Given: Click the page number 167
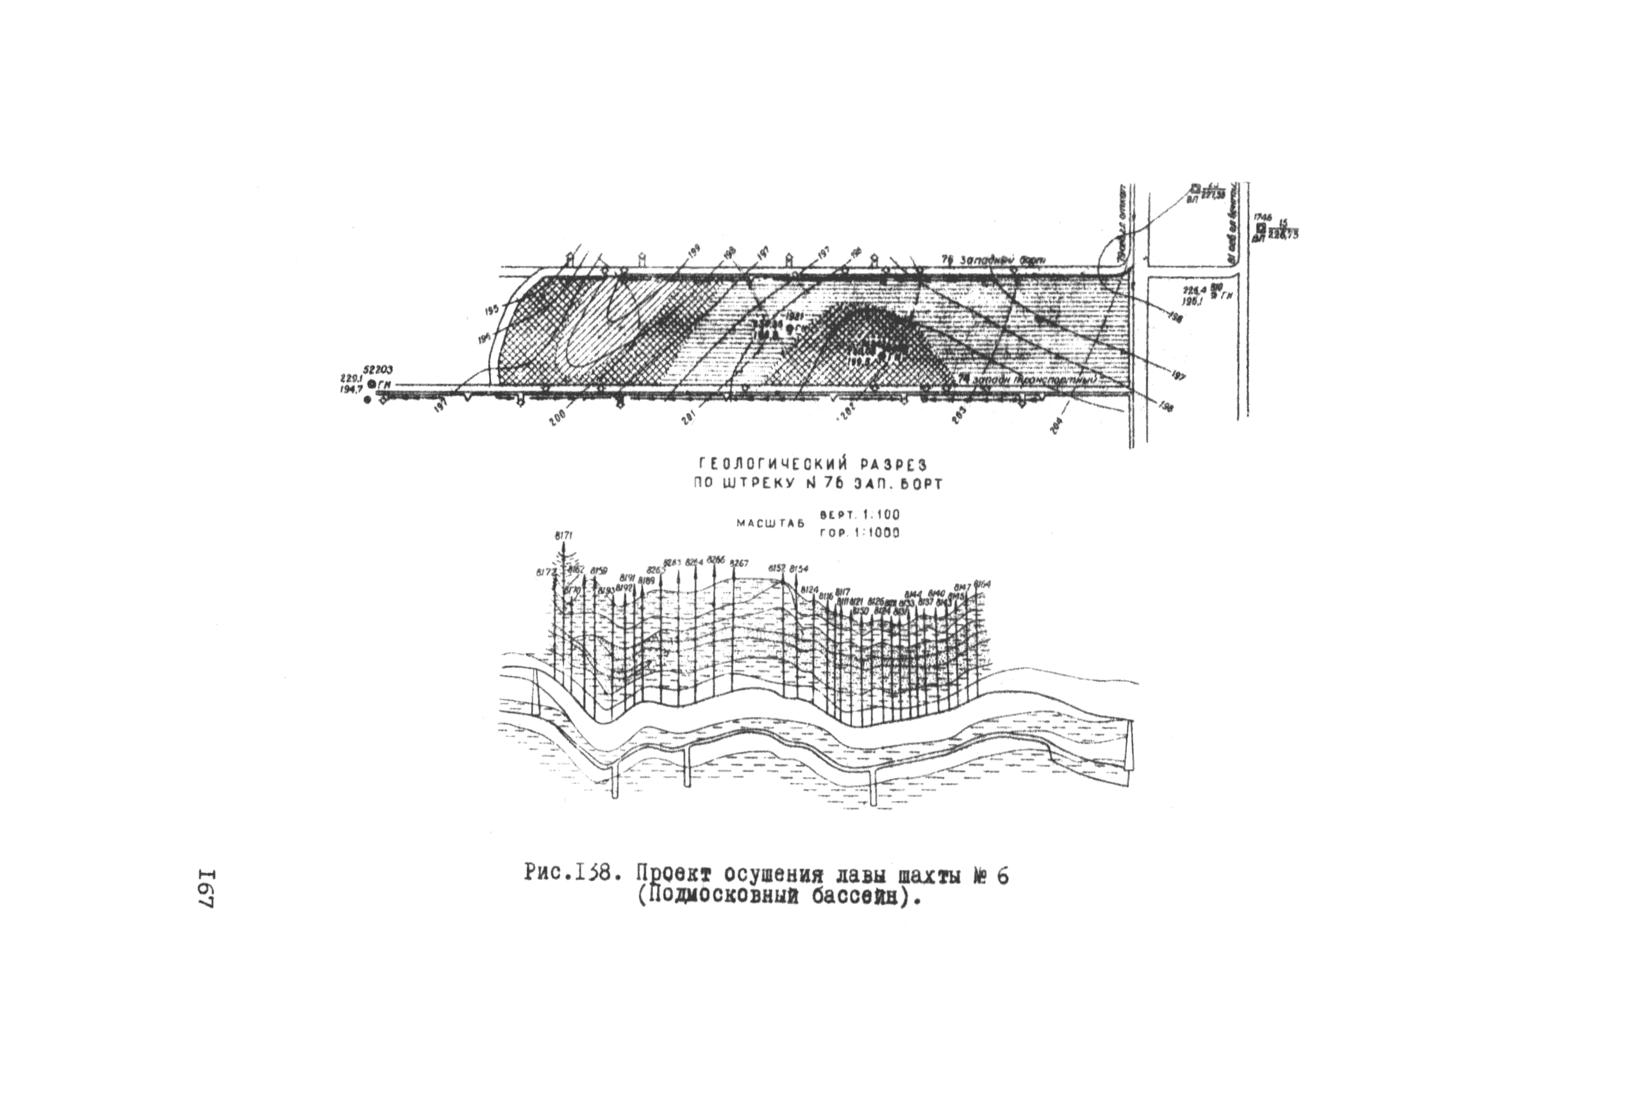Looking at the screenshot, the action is click(207, 890).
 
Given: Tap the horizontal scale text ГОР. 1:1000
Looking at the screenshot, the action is click(859, 532).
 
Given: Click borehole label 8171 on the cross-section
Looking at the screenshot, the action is click(564, 536).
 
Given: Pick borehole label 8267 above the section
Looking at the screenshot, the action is click(739, 563).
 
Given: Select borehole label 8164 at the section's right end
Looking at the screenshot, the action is click(983, 584).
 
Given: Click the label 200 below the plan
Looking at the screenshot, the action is click(558, 417).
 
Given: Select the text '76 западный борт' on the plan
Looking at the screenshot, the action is click(993, 260).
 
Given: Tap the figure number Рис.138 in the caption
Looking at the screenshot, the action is click(569, 874).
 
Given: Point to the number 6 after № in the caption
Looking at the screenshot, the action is click(1002, 875).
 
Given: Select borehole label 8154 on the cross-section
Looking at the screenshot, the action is click(799, 569).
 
